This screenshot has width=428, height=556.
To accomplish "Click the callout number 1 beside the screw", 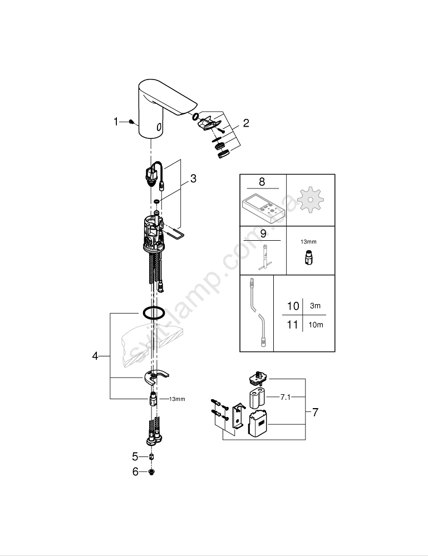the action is (x=116, y=122).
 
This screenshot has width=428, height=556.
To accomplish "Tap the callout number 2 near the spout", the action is (x=246, y=123).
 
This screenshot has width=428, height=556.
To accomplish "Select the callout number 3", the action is (x=193, y=178).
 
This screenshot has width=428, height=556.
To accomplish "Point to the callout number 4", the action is (x=95, y=356).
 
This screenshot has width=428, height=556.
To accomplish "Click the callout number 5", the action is (x=135, y=456).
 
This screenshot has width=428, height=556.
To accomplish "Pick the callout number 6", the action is (x=135, y=472).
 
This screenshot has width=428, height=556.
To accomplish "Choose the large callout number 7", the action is (x=315, y=412).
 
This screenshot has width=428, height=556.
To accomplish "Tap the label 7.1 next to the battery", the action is (x=286, y=398).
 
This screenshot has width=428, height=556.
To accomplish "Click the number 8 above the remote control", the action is (x=262, y=182).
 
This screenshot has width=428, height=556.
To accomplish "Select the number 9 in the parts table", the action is (x=263, y=234).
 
